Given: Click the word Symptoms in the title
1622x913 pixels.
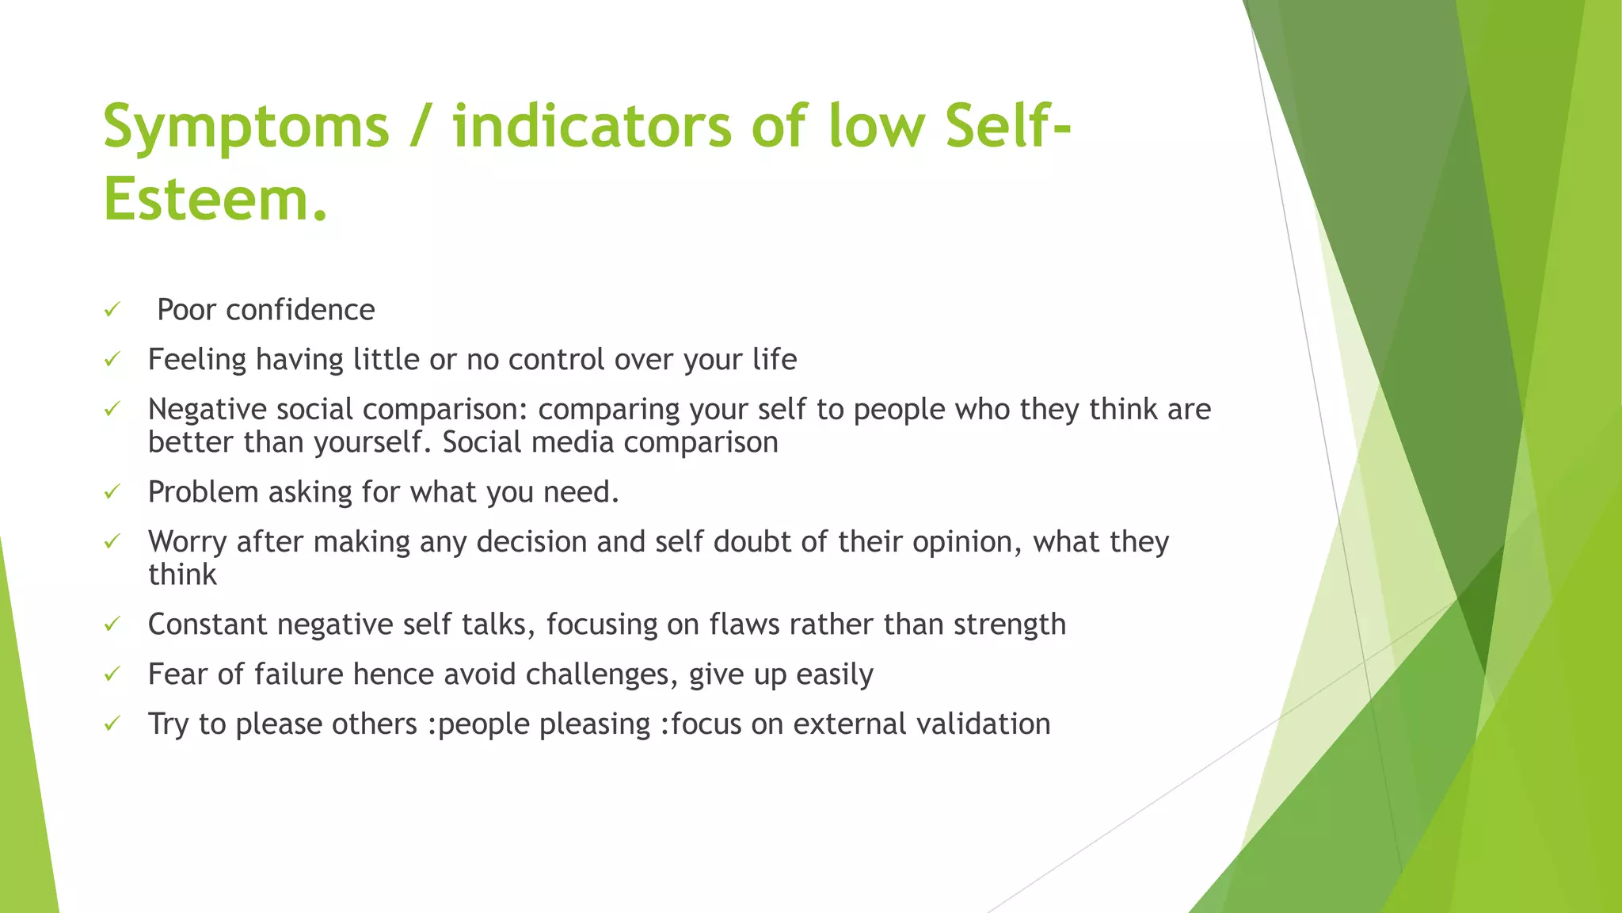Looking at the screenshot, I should (246, 127).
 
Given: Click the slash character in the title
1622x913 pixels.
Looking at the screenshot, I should (421, 127).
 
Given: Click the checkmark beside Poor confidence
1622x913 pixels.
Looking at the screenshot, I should (112, 309).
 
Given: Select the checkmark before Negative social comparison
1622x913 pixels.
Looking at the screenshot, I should (112, 409).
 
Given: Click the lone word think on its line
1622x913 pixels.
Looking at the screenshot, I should (182, 575).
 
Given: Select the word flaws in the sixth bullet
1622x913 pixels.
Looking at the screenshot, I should (744, 625).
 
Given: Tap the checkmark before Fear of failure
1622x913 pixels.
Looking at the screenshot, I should (112, 674).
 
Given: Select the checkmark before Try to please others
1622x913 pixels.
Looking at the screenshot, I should (112, 724).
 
